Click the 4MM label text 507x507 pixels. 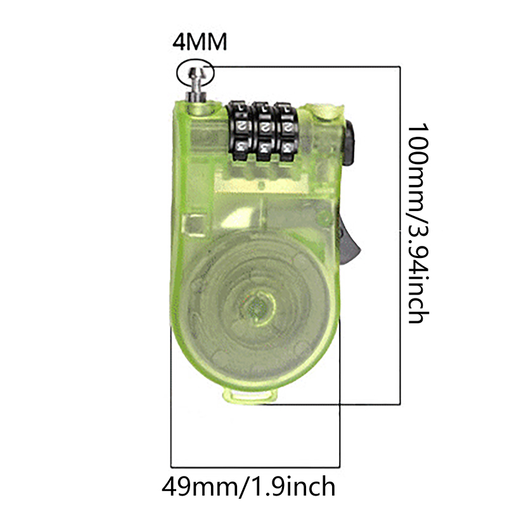click(200, 42)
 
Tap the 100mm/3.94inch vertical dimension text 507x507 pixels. click(418, 223)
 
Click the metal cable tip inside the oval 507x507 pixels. click(195, 76)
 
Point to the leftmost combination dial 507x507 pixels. click(239, 131)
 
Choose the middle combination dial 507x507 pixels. click(263, 132)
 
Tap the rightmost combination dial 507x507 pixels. click(286, 132)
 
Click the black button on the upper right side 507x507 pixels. click(349, 143)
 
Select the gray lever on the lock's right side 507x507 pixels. click(349, 240)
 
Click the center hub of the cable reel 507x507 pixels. click(258, 307)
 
